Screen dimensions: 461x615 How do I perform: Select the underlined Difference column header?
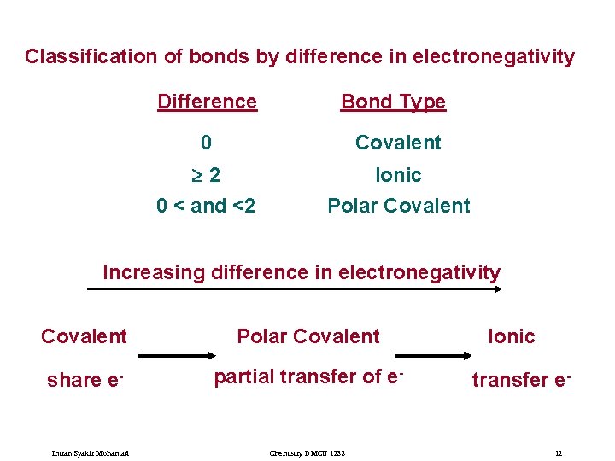coord(207,102)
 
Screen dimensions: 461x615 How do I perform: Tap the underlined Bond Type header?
coord(393,102)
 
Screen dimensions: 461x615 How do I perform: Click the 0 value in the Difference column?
coord(206,143)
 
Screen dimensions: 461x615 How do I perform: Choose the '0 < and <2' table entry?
coord(206,206)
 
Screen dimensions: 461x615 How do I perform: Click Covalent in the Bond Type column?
coord(398,143)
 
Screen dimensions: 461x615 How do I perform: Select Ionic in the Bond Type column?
coord(399,175)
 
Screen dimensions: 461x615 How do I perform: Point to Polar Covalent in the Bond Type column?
coord(399,206)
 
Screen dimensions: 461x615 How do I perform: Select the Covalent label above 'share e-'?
coord(84,336)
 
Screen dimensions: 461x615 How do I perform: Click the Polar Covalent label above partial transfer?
coord(307,336)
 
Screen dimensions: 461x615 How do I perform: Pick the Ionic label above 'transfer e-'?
coord(511,336)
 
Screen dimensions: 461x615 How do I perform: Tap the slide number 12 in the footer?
coord(558,452)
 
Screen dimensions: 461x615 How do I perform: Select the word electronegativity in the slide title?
coord(493,57)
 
